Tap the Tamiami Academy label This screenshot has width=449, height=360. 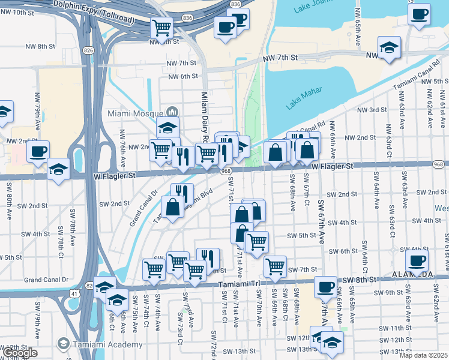tap(108, 344)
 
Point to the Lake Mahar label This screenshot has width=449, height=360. tap(304, 98)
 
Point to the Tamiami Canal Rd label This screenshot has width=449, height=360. tap(413, 76)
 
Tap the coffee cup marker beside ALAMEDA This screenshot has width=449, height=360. tap(417, 260)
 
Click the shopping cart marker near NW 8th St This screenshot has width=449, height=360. tap(161, 27)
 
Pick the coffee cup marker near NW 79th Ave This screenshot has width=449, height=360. tap(38, 151)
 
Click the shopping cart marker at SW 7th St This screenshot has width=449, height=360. tap(275, 266)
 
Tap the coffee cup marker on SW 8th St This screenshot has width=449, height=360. tap(325, 287)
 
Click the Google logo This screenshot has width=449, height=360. tap(20, 353)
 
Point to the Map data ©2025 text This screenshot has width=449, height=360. tap(423, 355)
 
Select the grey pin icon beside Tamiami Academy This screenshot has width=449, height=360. tap(62, 344)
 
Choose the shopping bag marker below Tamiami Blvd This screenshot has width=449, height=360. tap(173, 207)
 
